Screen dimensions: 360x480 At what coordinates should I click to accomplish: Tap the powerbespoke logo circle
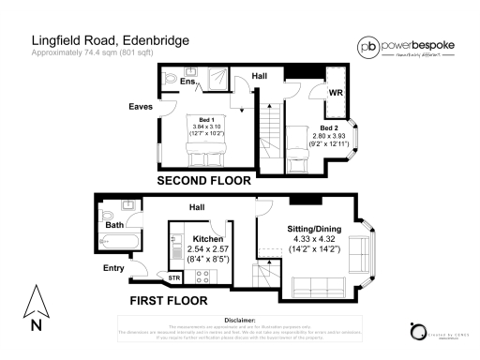coord(367,46)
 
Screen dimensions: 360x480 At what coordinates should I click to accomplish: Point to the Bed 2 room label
coord(328,127)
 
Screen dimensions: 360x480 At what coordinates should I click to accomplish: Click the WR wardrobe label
coord(335,94)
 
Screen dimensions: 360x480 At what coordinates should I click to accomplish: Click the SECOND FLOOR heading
coord(203,179)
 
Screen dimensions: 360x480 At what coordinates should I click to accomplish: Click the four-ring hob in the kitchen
coord(201,276)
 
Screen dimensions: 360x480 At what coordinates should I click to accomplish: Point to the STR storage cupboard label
coord(174,278)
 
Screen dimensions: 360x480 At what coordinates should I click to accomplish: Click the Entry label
coord(114,269)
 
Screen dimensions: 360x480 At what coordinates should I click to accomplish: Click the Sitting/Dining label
coord(312,228)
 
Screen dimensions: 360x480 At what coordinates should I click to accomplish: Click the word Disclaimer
coord(241,320)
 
